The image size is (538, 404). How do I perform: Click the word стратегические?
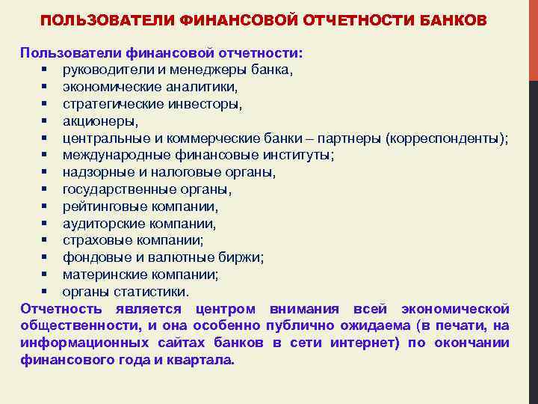click(109, 104)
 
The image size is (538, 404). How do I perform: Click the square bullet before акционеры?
click(46, 121)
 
